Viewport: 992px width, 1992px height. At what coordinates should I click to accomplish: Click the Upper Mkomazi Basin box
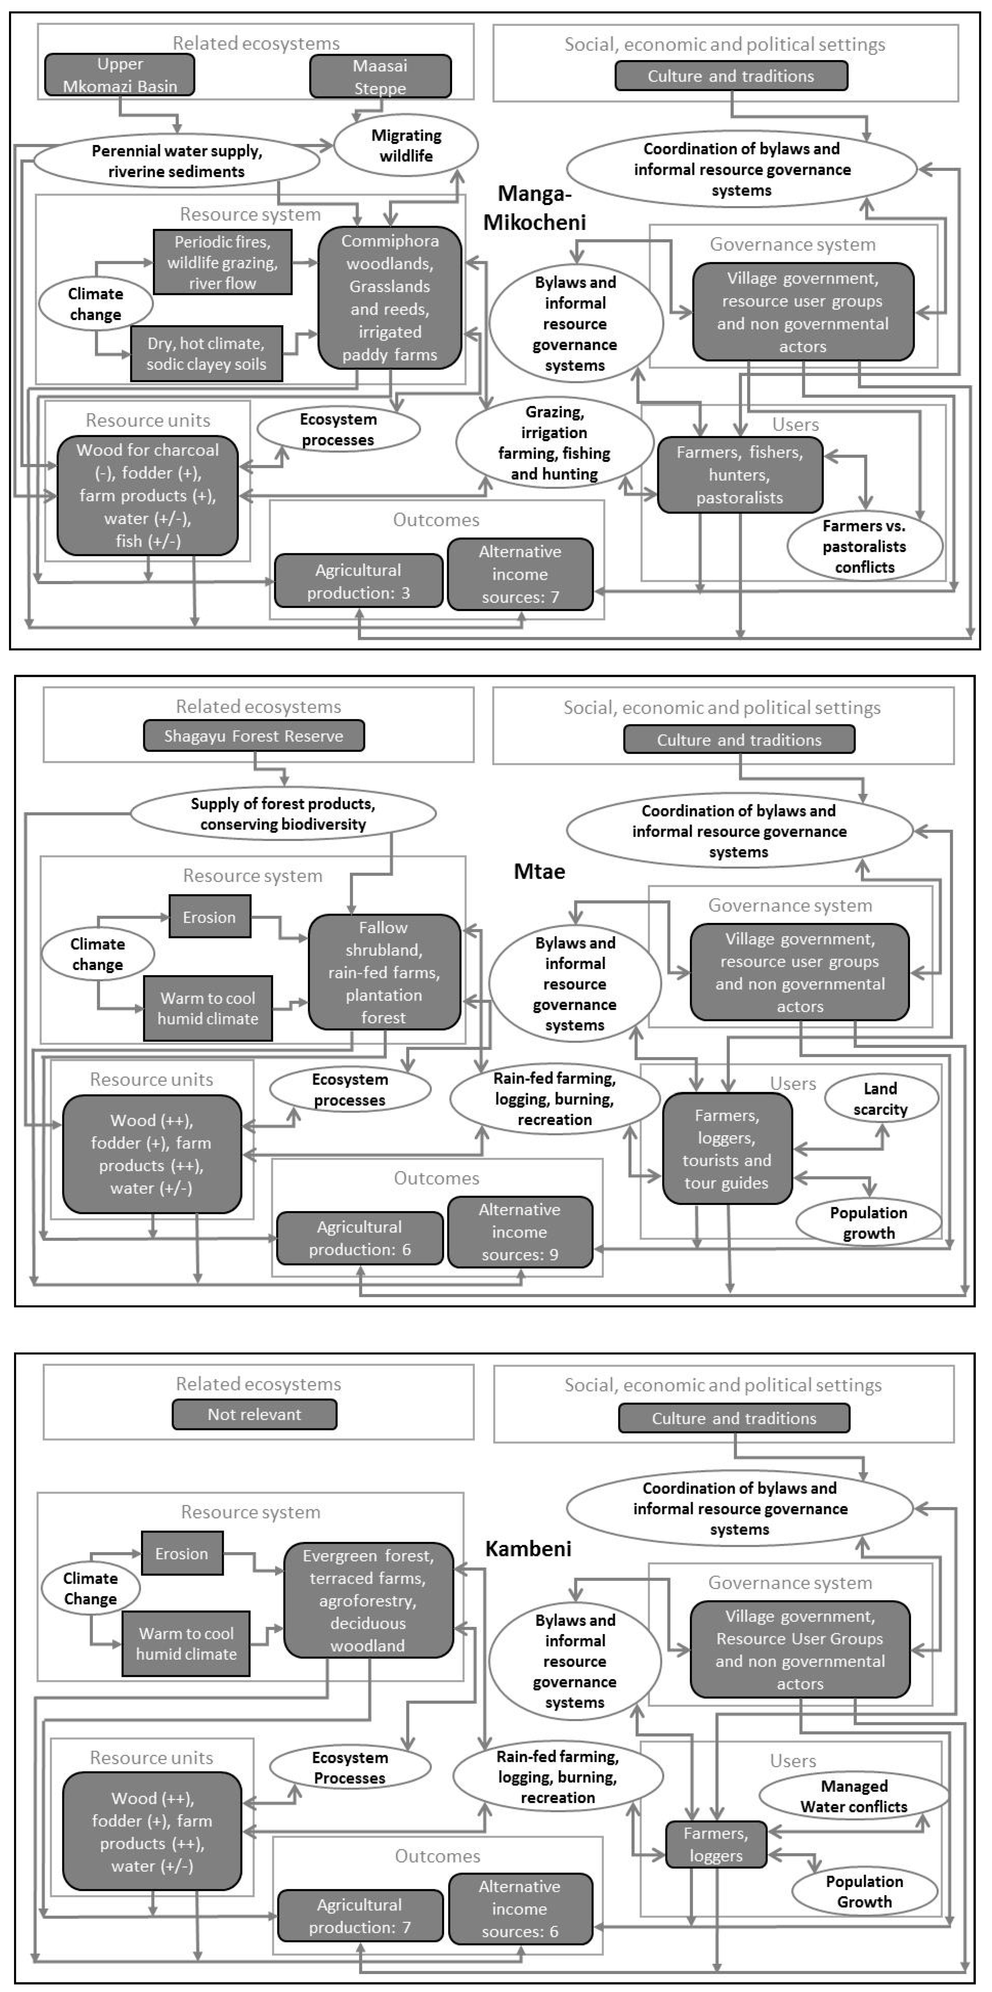tap(120, 75)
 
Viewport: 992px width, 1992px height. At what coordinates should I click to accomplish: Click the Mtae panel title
tap(539, 872)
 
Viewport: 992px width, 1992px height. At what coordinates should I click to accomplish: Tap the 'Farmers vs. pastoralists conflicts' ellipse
tap(864, 546)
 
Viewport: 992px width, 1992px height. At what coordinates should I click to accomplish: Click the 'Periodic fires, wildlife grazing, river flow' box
tap(223, 262)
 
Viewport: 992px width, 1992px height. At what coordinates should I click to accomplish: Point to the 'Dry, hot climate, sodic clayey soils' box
tap(206, 353)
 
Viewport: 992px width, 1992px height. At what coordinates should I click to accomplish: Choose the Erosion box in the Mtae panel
tap(210, 917)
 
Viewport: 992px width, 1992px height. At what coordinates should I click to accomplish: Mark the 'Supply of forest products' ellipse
tap(283, 814)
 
